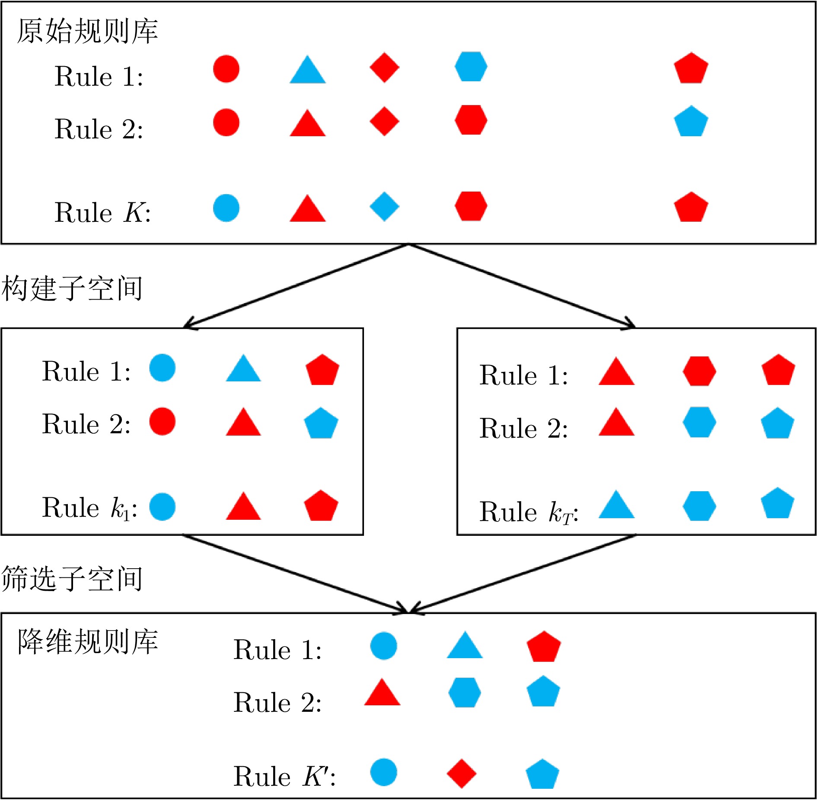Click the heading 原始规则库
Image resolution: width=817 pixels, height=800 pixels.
pyautogui.click(x=87, y=32)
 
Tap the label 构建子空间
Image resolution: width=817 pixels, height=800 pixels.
pyautogui.click(x=72, y=288)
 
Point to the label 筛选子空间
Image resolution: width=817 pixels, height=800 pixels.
pyautogui.click(x=72, y=579)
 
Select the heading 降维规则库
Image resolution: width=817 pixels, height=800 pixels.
pyautogui.click(x=87, y=642)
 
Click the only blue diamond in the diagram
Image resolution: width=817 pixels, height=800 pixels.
pyautogui.click(x=384, y=207)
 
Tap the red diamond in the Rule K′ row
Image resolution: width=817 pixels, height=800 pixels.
pyautogui.click(x=462, y=774)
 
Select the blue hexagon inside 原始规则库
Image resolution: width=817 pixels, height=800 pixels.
pyautogui.click(x=471, y=67)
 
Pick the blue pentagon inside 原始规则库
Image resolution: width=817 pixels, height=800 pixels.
pyautogui.click(x=691, y=121)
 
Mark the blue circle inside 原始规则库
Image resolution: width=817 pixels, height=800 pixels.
pyautogui.click(x=226, y=208)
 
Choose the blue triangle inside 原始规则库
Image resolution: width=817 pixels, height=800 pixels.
pyautogui.click(x=308, y=70)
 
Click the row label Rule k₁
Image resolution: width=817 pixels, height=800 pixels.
pyautogui.click(x=89, y=507)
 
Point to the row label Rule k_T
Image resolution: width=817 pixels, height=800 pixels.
pyautogui.click(x=529, y=512)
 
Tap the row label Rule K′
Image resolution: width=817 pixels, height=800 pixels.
pyautogui.click(x=284, y=776)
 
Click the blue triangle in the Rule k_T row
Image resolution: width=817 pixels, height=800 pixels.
pyautogui.click(x=616, y=505)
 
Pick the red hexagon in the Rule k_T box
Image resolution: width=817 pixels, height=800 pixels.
pyautogui.click(x=699, y=371)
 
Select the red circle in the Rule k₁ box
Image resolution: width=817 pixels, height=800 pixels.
pyautogui.click(x=163, y=421)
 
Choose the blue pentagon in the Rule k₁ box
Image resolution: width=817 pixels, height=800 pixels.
pyautogui.click(x=321, y=423)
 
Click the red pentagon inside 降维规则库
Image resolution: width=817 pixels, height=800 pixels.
pyautogui.click(x=544, y=647)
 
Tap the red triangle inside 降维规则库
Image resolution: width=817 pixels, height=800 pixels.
pyautogui.click(x=382, y=692)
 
